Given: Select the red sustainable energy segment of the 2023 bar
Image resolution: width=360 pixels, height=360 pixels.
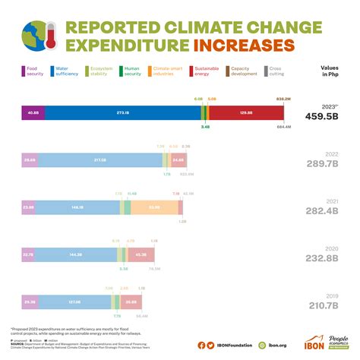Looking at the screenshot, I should coord(245,112).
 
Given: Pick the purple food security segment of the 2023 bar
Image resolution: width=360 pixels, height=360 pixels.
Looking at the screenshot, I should coord(33,112).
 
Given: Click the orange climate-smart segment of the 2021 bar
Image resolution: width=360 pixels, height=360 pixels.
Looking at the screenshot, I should coord(154,207).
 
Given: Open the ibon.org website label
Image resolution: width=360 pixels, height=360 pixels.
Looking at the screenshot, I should coord(275,344).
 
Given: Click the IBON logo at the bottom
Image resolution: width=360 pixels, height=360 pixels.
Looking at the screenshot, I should coord(313,343).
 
